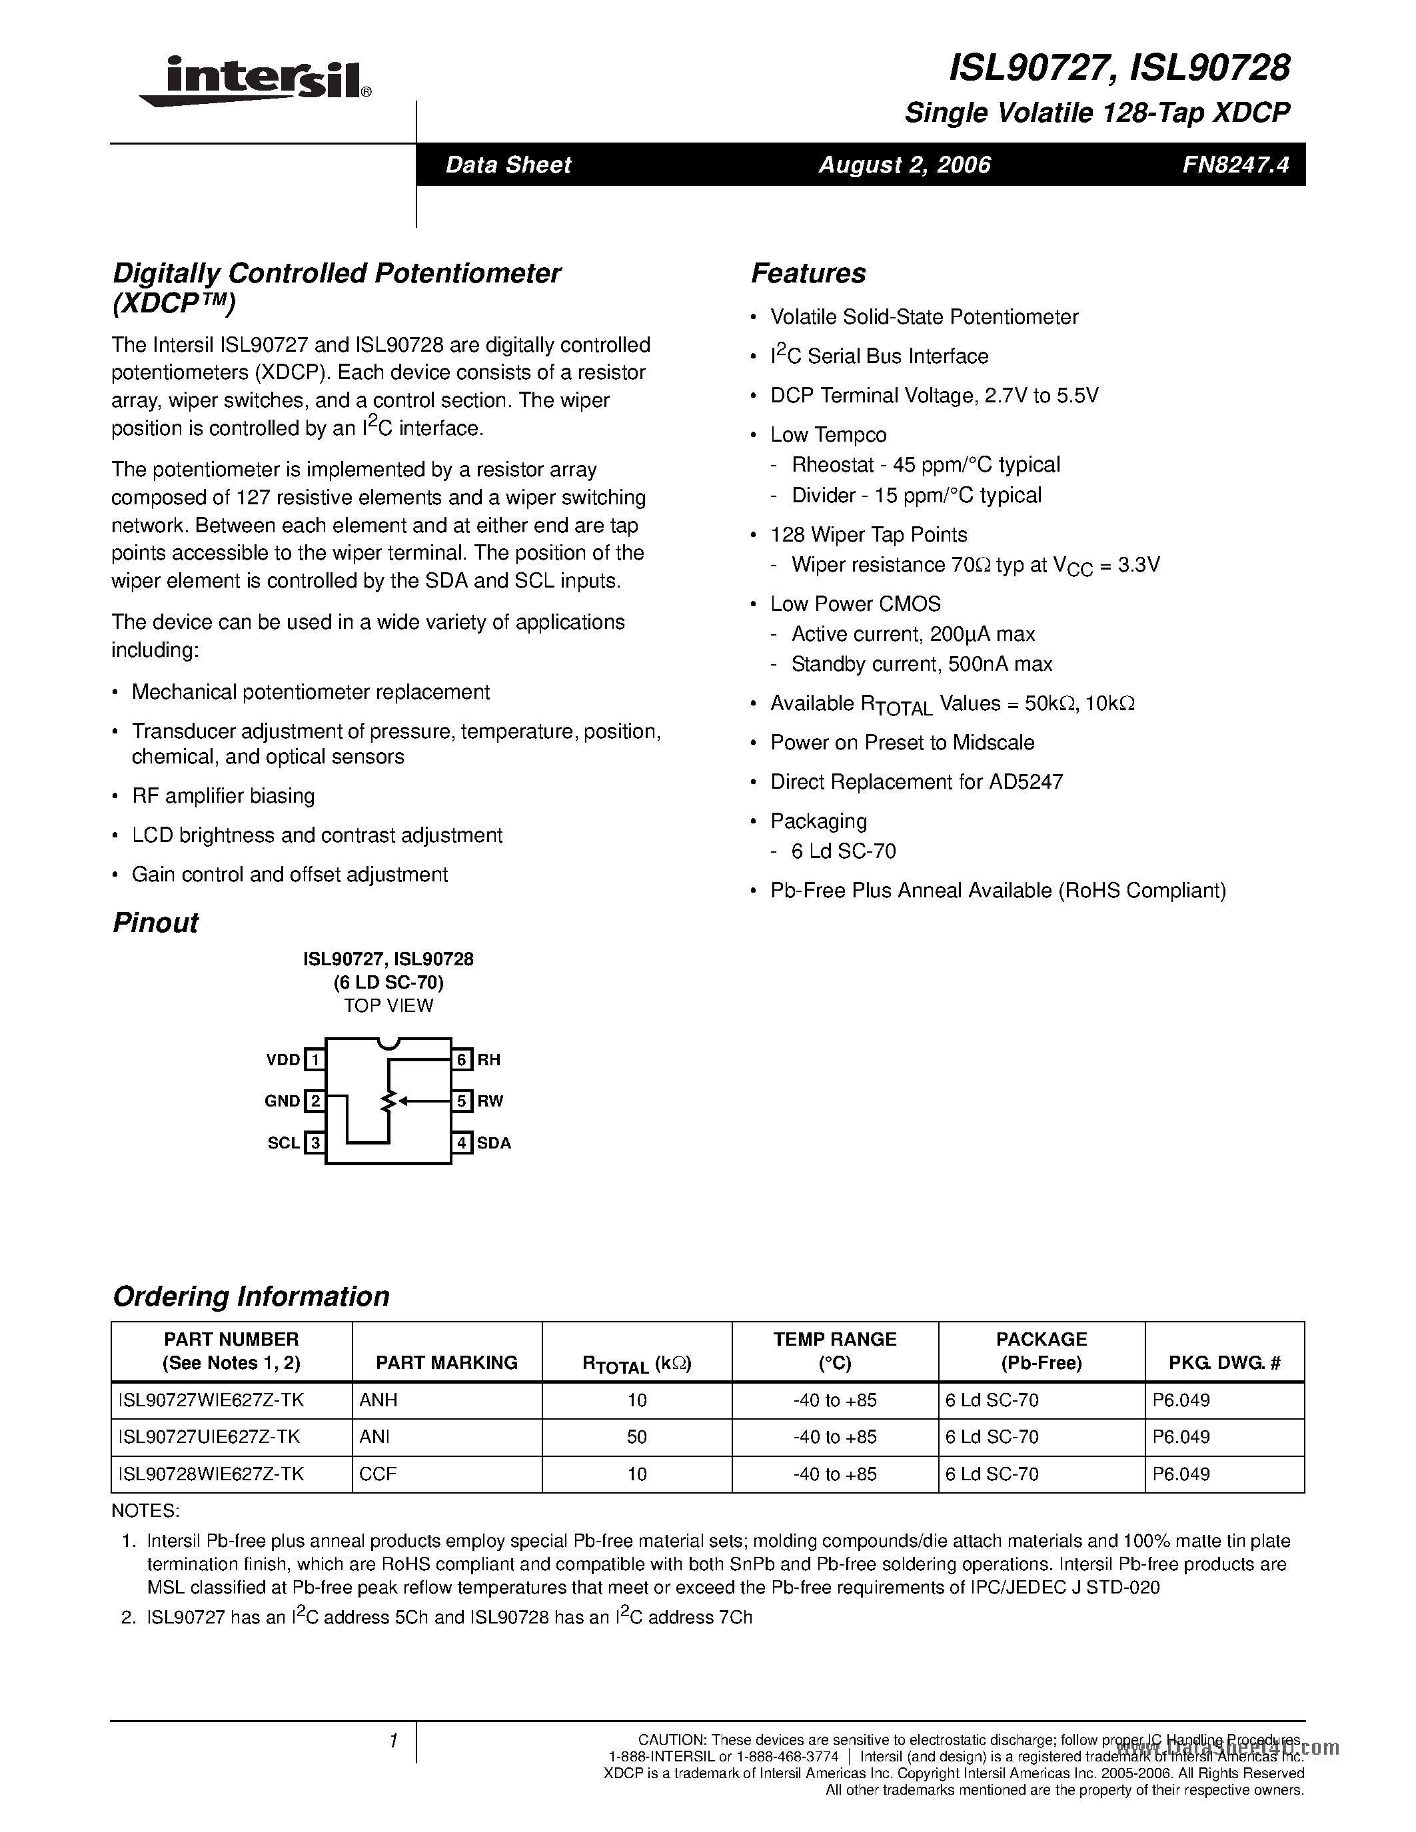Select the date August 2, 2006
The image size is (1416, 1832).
pos(904,165)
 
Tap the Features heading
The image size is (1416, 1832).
pos(808,273)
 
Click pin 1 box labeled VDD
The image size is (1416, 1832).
pos(315,1059)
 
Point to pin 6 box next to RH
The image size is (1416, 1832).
pos(461,1059)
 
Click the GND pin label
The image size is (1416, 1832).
pos(282,1101)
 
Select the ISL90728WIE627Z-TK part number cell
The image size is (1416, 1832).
pos(211,1474)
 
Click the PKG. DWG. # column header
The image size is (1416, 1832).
pos(1224,1363)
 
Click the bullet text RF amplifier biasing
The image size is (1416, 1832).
pos(223,796)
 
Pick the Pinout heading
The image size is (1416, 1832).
pos(155,923)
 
